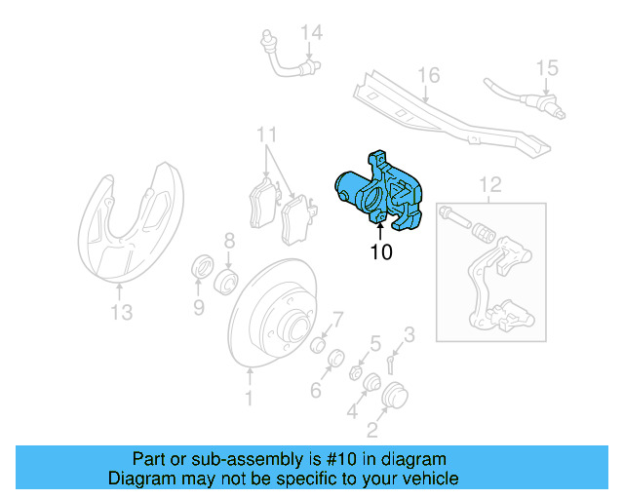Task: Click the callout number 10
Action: [381, 252]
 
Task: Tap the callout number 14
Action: [310, 34]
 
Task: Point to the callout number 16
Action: [429, 75]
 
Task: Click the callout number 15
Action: [547, 67]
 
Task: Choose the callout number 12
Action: [489, 182]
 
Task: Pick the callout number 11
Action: [267, 134]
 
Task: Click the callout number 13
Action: [120, 312]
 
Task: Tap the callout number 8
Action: [229, 240]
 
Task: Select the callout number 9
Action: [198, 310]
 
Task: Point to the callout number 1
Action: [249, 398]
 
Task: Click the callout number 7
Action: [337, 319]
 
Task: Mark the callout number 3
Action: [409, 335]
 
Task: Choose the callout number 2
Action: [372, 430]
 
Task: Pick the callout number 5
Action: [374, 342]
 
